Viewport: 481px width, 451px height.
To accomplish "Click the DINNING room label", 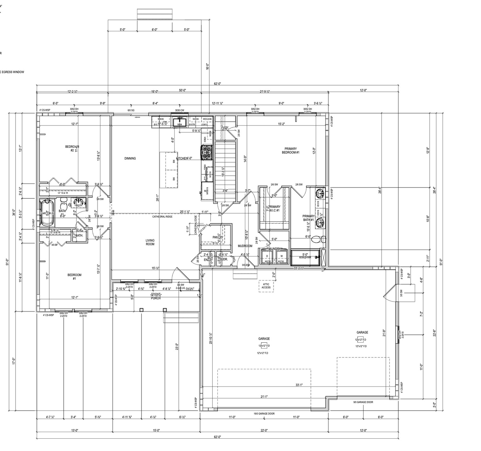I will tap(130, 158).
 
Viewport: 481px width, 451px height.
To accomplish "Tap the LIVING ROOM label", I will tap(150, 242).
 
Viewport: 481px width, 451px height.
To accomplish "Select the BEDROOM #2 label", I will tap(72, 148).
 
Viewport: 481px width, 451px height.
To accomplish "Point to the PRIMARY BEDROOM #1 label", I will tap(290, 151).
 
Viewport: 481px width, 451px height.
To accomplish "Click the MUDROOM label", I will tap(245, 246).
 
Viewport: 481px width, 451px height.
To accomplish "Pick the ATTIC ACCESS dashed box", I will tap(266, 286).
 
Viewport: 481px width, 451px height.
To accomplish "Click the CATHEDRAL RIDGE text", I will tap(163, 217).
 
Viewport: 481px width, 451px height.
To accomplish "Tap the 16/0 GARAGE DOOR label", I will tap(264, 414).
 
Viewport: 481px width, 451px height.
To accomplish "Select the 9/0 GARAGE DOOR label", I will tap(363, 402).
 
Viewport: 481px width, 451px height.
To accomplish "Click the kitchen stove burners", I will tap(208, 152).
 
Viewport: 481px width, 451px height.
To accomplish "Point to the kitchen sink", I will tap(180, 122).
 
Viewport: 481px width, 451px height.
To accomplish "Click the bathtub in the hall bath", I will tap(45, 213).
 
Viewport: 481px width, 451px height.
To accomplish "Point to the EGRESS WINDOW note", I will tap(12, 72).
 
